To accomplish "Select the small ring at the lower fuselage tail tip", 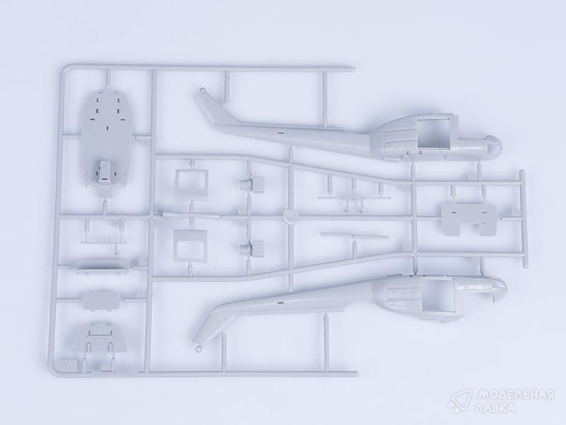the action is (199, 348).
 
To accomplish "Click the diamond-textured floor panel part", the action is (468, 220).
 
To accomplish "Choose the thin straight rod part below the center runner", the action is (354, 236).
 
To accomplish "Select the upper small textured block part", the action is (253, 183).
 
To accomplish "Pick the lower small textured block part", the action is (252, 249).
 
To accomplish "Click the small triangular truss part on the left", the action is (105, 237).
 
